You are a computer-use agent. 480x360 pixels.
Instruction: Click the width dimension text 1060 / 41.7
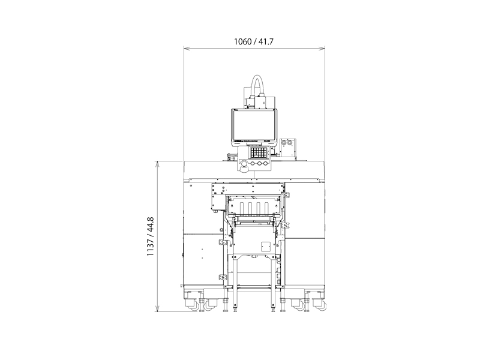click(253, 41)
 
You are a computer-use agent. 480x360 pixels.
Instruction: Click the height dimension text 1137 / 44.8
click(151, 236)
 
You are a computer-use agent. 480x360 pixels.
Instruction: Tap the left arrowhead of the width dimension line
click(187, 49)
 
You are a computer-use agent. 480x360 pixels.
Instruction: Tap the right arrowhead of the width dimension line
click(322, 49)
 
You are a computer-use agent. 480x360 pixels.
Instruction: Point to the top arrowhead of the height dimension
click(158, 164)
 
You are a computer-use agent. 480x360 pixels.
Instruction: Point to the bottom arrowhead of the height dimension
click(158, 308)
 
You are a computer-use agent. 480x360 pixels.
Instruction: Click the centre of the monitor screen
click(254, 125)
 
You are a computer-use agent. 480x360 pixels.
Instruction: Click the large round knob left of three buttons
click(244, 164)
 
